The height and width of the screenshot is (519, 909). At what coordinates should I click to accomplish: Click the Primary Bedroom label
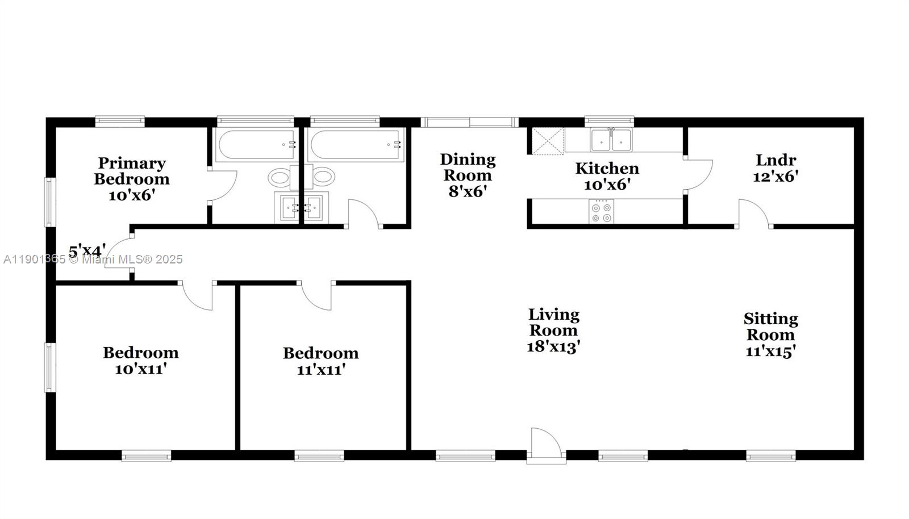132,171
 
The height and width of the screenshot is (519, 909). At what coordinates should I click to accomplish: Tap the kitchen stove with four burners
601,211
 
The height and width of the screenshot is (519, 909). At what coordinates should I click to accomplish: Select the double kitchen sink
611,140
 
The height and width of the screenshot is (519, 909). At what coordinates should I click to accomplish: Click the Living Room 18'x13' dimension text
553,346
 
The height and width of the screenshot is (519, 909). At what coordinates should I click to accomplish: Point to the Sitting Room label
770,327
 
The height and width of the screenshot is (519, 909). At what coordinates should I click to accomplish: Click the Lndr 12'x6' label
775,168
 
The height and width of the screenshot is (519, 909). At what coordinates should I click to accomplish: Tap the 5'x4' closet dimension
87,250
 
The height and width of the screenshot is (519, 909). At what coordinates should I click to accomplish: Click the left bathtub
256,145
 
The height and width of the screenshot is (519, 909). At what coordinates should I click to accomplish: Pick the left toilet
281,177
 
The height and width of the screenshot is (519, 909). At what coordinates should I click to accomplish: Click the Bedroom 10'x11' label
140,361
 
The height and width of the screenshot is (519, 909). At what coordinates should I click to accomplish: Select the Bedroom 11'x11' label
320,361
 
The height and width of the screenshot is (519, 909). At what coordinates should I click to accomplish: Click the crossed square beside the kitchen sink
548,141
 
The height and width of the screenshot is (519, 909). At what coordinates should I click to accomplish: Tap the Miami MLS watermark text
93,259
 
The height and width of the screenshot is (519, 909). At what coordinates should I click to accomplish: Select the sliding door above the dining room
469,122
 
